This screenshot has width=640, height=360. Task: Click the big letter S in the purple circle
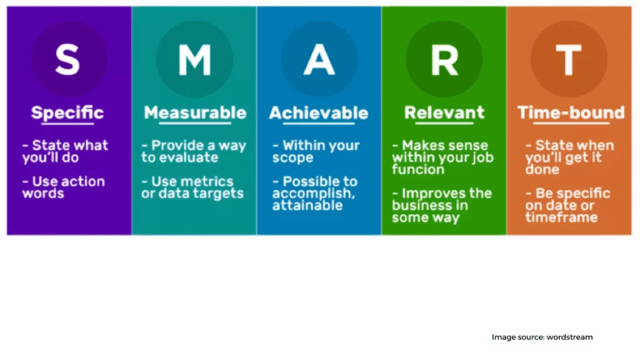point(67,59)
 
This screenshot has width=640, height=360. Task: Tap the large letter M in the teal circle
point(195,60)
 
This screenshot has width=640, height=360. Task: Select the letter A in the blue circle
point(319,60)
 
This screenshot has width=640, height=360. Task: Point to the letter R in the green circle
point(444,60)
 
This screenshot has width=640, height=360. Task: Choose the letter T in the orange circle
point(569,60)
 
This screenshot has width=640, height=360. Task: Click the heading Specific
point(67,112)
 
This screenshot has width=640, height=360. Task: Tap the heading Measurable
point(195,112)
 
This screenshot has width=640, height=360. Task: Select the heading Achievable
point(319,112)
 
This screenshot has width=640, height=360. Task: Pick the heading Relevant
point(444,112)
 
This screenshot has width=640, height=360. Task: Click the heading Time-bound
point(571,112)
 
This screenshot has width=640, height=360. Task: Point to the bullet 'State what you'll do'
point(65,151)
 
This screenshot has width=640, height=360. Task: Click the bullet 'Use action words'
point(64,187)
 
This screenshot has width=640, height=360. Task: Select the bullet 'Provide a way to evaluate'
point(194,151)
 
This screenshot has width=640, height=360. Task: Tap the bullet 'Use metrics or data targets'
point(192,187)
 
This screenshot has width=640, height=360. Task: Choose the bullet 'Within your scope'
point(316,151)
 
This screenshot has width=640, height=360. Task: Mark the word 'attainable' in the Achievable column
point(307,205)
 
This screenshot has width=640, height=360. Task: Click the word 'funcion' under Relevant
point(418,169)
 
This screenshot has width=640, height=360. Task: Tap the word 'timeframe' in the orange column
point(562,217)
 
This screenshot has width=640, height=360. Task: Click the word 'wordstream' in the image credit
point(569,337)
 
